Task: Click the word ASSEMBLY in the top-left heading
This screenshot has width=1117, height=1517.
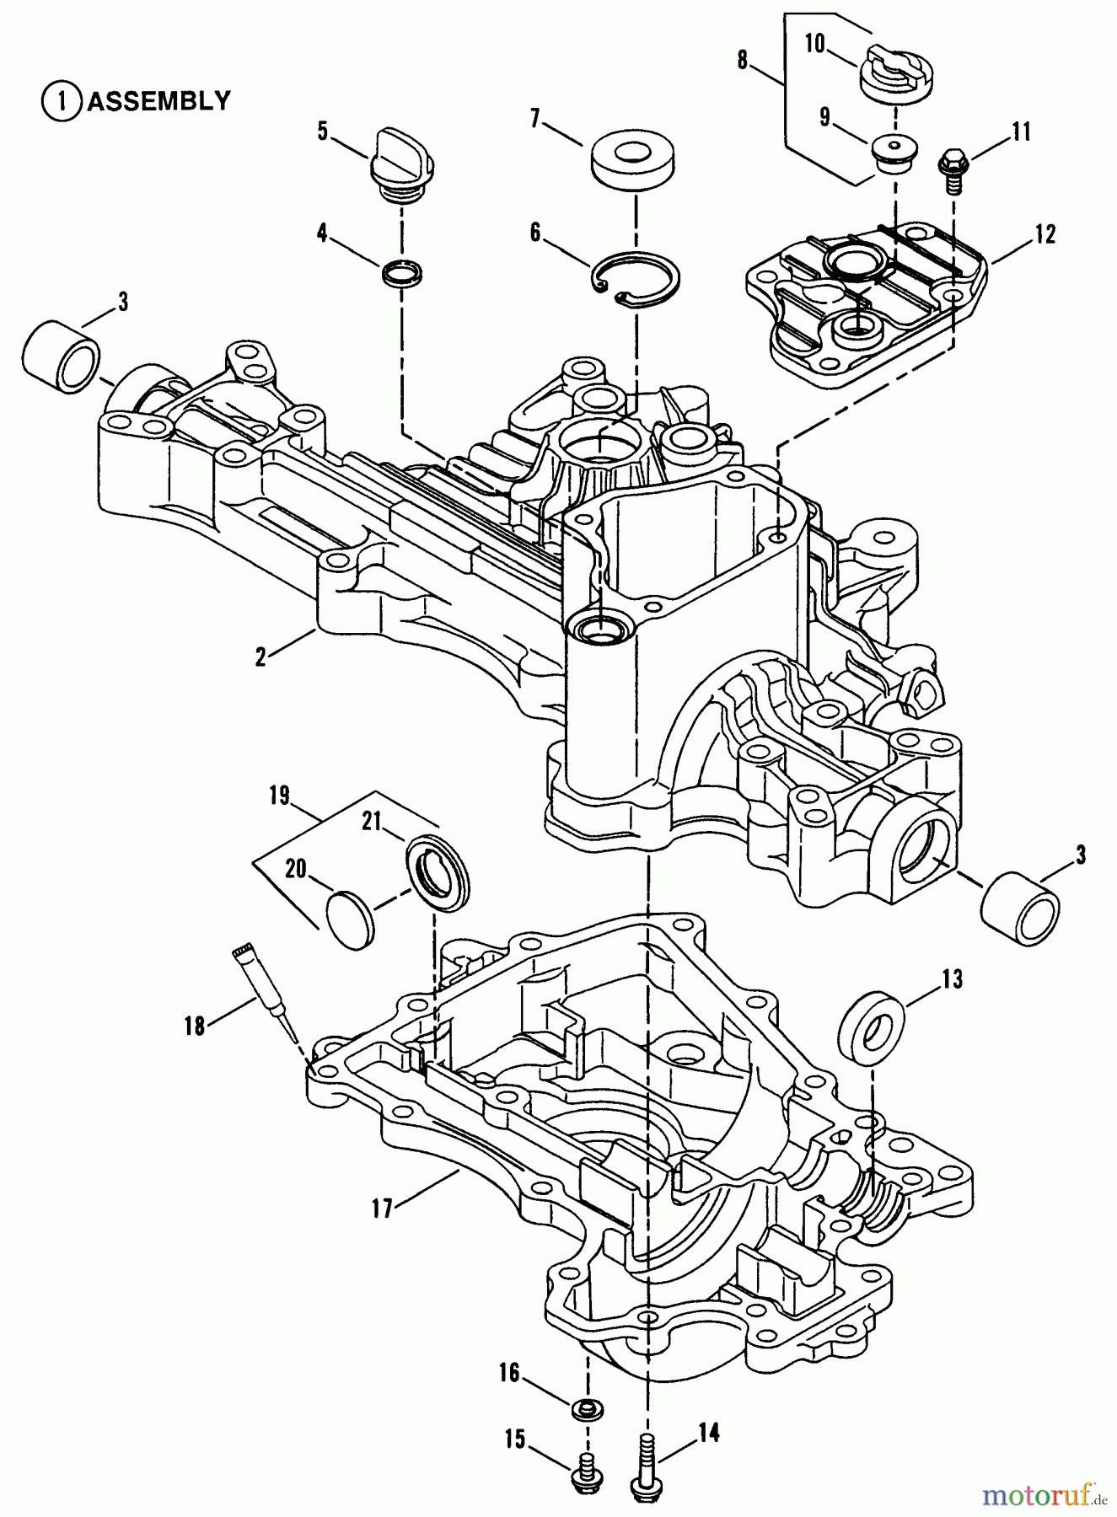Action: [158, 101]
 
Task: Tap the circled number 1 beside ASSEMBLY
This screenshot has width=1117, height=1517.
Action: [57, 102]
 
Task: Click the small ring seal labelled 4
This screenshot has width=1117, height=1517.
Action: [403, 272]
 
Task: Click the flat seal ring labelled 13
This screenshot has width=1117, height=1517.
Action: [872, 1026]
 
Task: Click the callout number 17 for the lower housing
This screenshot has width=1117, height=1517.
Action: [382, 1209]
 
